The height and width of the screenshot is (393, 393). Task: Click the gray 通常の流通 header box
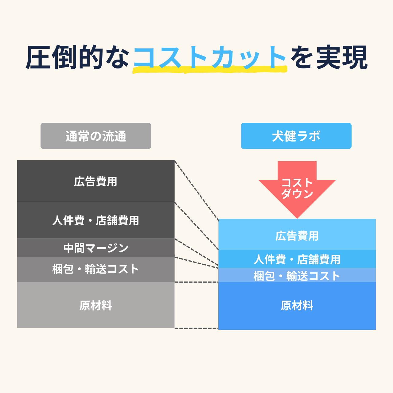(x=96, y=136)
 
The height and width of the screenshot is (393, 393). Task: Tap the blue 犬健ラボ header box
(x=296, y=136)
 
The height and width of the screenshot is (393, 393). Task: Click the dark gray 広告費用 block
(x=96, y=181)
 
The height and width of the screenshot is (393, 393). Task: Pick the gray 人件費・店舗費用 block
(x=96, y=220)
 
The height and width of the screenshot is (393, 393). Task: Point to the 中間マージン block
(x=96, y=248)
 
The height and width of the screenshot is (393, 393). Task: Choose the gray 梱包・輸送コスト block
(x=96, y=269)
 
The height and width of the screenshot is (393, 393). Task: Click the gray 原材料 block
(x=96, y=305)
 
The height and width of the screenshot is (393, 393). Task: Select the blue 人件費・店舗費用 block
(x=297, y=259)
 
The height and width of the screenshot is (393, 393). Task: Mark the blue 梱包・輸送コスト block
(x=297, y=276)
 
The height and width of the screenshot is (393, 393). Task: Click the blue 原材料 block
(x=297, y=306)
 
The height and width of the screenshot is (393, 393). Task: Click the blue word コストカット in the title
(x=210, y=57)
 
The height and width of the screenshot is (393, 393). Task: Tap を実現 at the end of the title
(x=329, y=57)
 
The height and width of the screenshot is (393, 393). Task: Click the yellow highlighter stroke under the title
(x=210, y=70)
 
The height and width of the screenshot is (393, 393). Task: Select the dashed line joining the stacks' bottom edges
(x=196, y=328)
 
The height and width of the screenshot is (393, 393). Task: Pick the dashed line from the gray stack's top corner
(x=196, y=190)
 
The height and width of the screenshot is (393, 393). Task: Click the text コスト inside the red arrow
(x=297, y=183)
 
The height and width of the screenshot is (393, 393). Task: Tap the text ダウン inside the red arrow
(x=297, y=194)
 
